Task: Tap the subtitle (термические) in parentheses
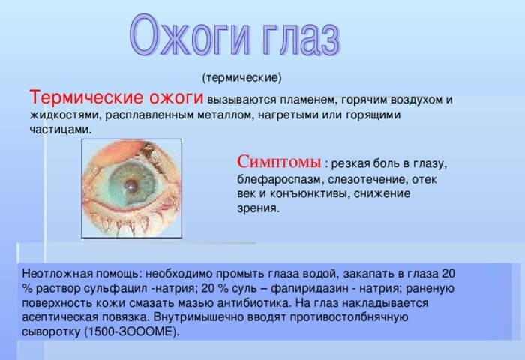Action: tap(241, 77)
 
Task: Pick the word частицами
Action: tap(60, 130)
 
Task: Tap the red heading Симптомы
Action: tap(280, 161)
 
